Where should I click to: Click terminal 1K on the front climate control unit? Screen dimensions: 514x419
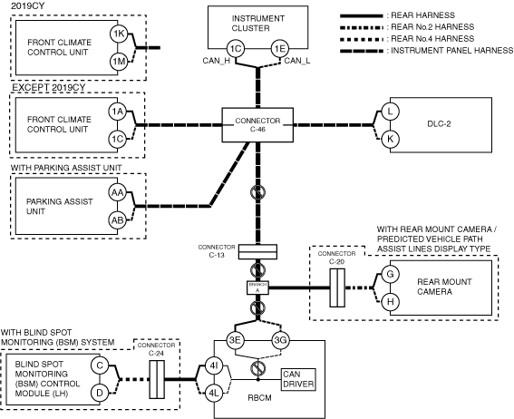click(x=119, y=34)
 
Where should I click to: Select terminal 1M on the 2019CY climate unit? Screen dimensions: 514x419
click(x=119, y=62)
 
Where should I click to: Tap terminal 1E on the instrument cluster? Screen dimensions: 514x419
click(x=280, y=49)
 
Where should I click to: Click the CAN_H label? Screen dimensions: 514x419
click(x=216, y=61)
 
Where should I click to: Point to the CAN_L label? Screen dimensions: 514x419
click(x=297, y=61)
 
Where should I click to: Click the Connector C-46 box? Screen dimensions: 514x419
click(x=257, y=125)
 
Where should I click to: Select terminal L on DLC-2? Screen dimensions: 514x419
click(x=390, y=112)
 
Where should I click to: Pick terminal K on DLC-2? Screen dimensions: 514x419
click(x=390, y=139)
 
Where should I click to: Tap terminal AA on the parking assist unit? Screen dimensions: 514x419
click(x=117, y=192)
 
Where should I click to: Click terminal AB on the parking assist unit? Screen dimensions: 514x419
click(x=117, y=220)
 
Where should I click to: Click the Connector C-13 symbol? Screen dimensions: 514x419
click(x=257, y=252)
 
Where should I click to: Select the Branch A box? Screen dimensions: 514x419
click(x=257, y=287)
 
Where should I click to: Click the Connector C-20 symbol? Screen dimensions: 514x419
click(x=337, y=287)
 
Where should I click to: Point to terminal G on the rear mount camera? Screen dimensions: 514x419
click(x=390, y=274)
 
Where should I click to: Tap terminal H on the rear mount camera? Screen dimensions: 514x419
click(x=390, y=301)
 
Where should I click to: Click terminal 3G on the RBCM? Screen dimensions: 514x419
click(x=281, y=340)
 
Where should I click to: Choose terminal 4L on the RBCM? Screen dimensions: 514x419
click(x=214, y=393)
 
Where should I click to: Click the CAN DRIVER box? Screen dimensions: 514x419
click(x=298, y=380)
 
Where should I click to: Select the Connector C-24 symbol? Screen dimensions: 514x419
click(x=157, y=380)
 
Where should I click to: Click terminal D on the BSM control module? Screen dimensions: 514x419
click(x=100, y=393)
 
